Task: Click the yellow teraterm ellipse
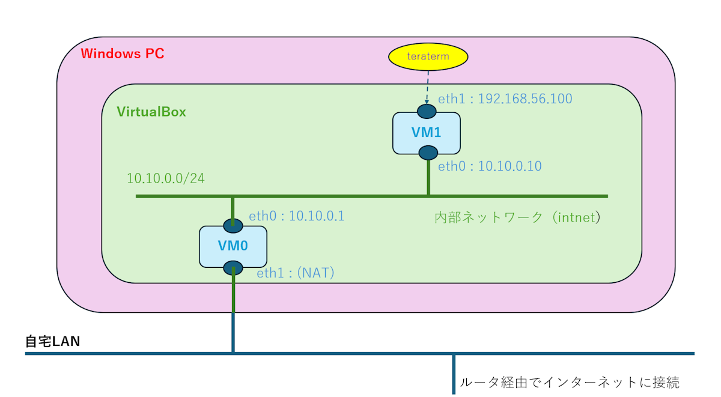(427, 56)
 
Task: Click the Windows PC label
(123, 53)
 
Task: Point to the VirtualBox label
(151, 112)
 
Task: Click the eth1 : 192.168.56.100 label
(505, 98)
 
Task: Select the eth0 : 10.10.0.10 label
(490, 166)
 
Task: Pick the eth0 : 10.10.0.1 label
(297, 216)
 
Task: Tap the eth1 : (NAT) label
(296, 273)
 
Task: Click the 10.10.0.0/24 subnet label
(166, 178)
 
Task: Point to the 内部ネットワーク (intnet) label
(517, 217)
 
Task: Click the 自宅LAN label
(53, 342)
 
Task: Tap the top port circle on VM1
(427, 111)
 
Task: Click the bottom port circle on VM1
(428, 153)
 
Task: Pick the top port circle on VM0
(233, 226)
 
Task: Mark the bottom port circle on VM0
(233, 268)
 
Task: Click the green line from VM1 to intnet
(428, 177)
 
